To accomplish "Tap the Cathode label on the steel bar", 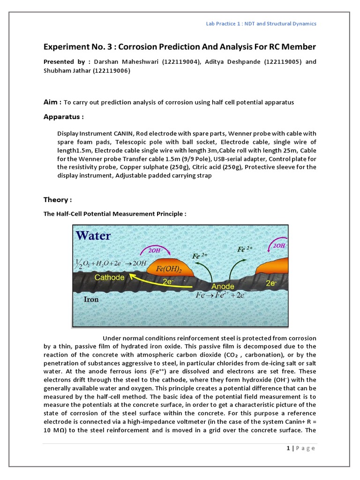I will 109,277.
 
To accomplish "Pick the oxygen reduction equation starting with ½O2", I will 108,262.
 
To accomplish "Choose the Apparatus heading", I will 63,116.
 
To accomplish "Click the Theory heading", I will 57,200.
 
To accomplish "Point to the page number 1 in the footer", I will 288,448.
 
